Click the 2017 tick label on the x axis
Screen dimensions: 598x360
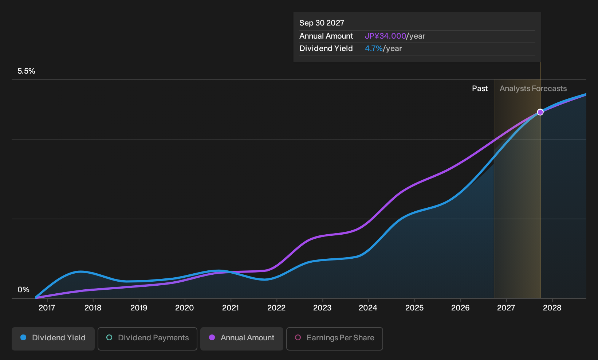click(x=47, y=308)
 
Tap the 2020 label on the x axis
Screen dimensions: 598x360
click(x=185, y=308)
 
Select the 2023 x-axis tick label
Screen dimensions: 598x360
click(x=322, y=308)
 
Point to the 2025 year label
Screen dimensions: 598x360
click(x=414, y=308)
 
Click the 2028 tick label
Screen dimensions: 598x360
click(x=552, y=308)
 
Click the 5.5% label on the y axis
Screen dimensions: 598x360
click(x=26, y=71)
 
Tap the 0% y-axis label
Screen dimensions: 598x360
click(x=24, y=290)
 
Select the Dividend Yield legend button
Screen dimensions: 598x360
click(x=53, y=339)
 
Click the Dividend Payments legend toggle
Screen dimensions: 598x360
click(x=147, y=339)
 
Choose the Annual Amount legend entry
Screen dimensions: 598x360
click(x=241, y=339)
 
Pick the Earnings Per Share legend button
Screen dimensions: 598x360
click(x=334, y=339)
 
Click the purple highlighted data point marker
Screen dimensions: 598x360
click(x=540, y=112)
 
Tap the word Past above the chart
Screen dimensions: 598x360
click(x=480, y=89)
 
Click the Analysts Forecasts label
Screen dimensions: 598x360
click(x=533, y=89)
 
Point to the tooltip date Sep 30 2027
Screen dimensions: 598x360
click(x=322, y=23)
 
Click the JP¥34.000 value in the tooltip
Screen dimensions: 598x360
click(x=385, y=36)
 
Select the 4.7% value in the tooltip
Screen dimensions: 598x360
click(x=374, y=48)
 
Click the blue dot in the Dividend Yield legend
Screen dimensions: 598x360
click(x=24, y=337)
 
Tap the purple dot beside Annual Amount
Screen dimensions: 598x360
click(x=212, y=337)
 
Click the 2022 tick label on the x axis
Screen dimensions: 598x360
click(x=276, y=308)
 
